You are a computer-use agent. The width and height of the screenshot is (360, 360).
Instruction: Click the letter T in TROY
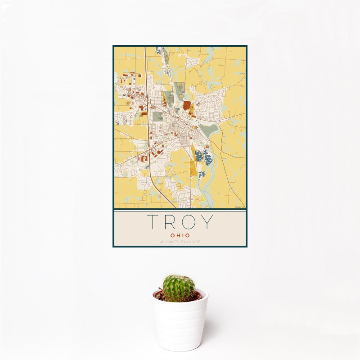(x=153, y=223)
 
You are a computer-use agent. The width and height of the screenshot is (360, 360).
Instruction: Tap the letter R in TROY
(x=171, y=223)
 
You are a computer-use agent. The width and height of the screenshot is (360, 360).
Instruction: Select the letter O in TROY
(x=189, y=223)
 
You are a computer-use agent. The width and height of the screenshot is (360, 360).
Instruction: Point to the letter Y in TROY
(x=207, y=223)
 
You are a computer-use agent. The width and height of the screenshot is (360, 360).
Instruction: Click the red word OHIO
(x=180, y=235)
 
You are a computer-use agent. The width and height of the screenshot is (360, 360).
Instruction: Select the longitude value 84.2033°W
(x=191, y=242)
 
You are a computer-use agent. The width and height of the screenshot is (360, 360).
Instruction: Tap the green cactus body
(x=179, y=288)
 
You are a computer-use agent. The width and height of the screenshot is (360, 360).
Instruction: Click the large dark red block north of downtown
(x=187, y=106)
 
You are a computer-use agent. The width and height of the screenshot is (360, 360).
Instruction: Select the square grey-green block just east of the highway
(x=158, y=117)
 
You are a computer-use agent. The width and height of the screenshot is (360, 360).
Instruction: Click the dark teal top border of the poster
(x=180, y=45)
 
